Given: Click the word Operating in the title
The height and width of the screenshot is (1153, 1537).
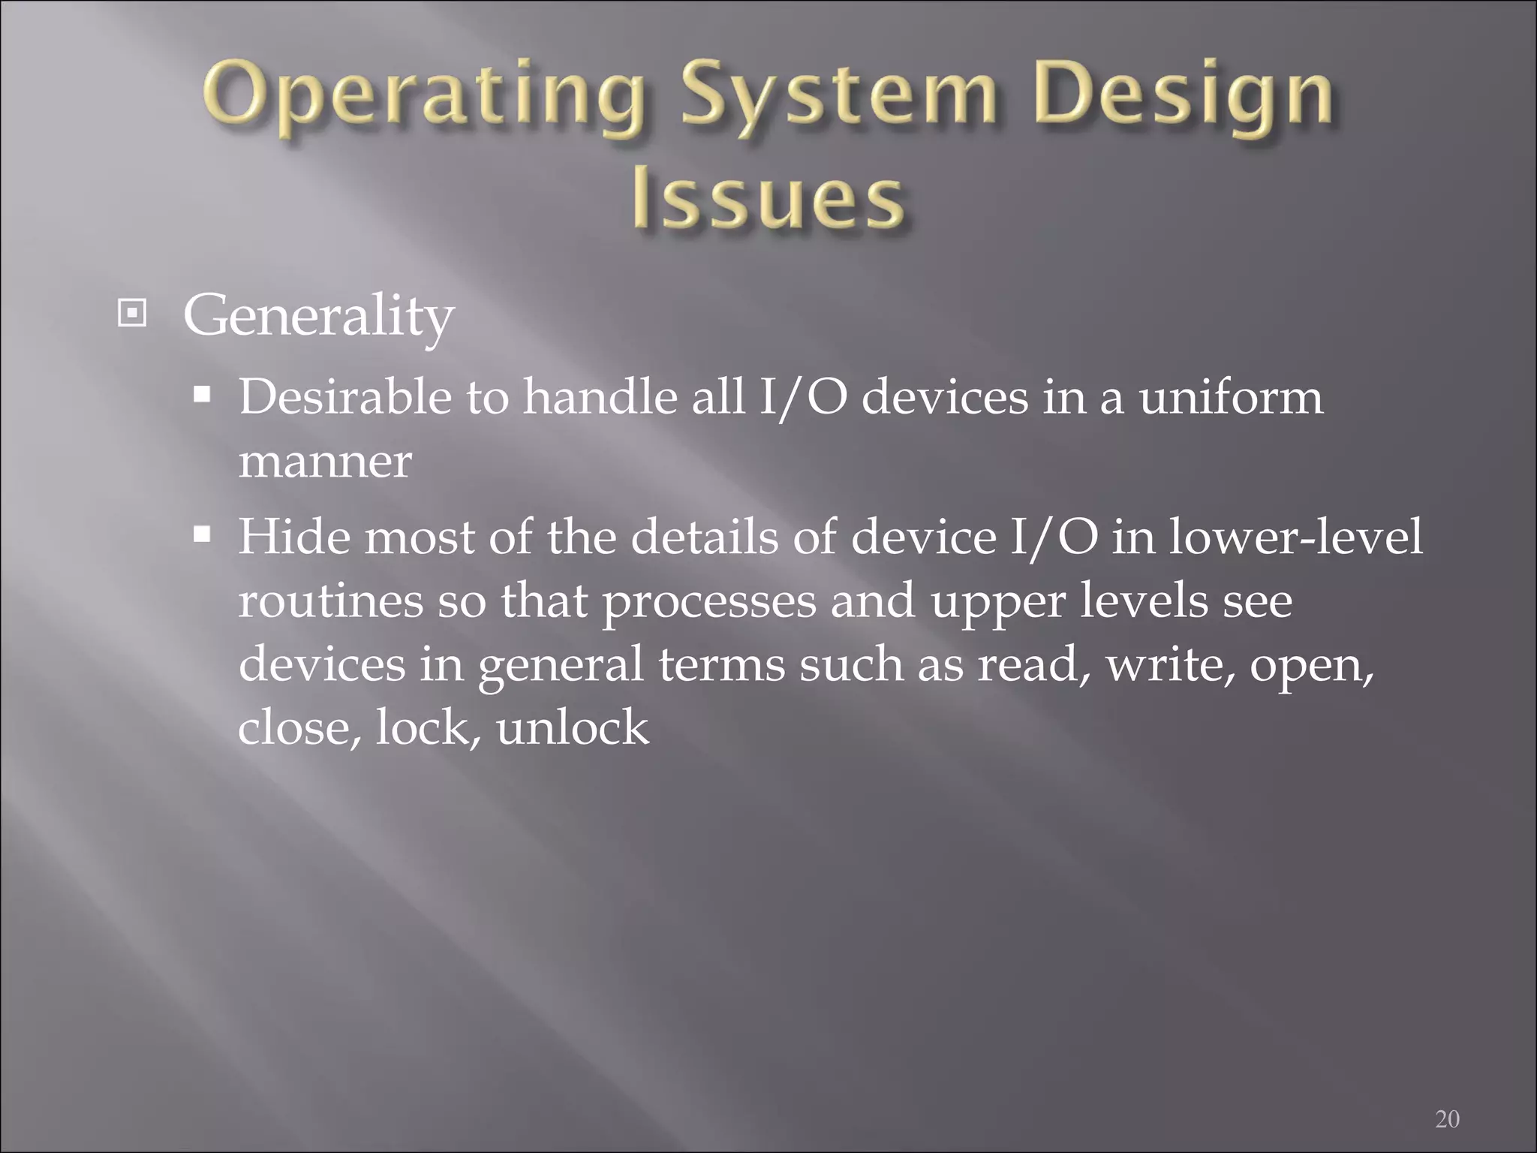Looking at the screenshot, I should click(x=423, y=100).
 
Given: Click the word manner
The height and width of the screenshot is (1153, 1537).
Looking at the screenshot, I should click(x=325, y=461).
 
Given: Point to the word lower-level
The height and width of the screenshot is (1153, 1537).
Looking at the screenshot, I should click(x=1295, y=537).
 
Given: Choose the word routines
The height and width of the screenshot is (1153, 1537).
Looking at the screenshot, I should click(x=330, y=601).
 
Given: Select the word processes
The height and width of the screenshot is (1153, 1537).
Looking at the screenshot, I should click(x=708, y=602).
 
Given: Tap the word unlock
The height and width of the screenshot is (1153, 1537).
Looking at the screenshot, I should click(x=572, y=727).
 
